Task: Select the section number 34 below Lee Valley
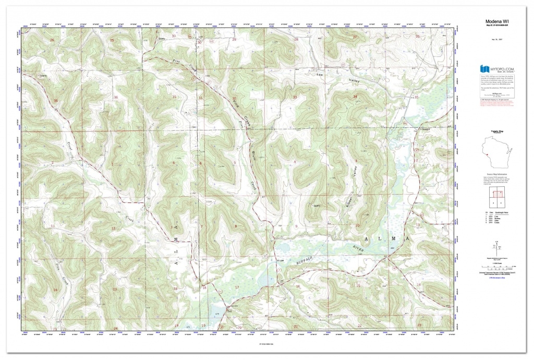pyautogui.click(x=355, y=97)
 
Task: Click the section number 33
pyautogui.click(x=295, y=97)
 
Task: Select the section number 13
pyautogui.click(x=114, y=289)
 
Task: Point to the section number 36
pyautogui.click(x=116, y=97)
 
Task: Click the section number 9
pyautogui.click(x=296, y=226)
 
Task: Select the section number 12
pyautogui.click(x=113, y=229)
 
